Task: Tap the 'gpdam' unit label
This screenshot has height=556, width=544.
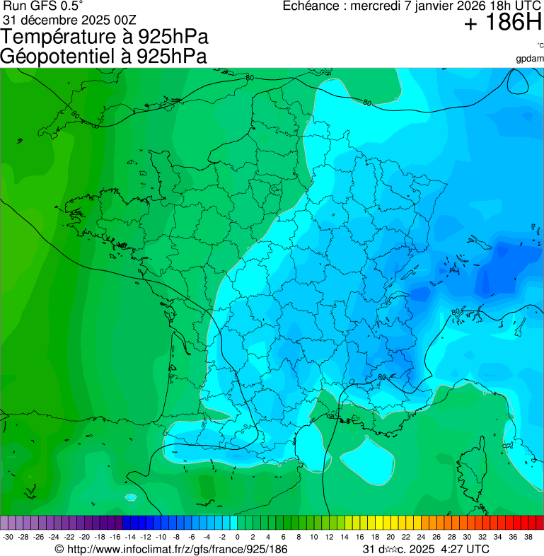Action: (530, 58)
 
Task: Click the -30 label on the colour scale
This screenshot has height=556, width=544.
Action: (8, 537)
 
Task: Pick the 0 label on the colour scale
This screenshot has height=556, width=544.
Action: (237, 537)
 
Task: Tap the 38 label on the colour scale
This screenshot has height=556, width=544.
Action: (528, 537)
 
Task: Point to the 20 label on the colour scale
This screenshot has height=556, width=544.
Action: (390, 537)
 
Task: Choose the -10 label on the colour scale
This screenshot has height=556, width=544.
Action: (161, 537)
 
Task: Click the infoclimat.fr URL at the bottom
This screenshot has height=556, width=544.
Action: (177, 549)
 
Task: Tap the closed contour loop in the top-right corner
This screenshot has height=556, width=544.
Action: (518, 82)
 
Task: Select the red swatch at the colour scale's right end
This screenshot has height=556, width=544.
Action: (539, 523)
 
